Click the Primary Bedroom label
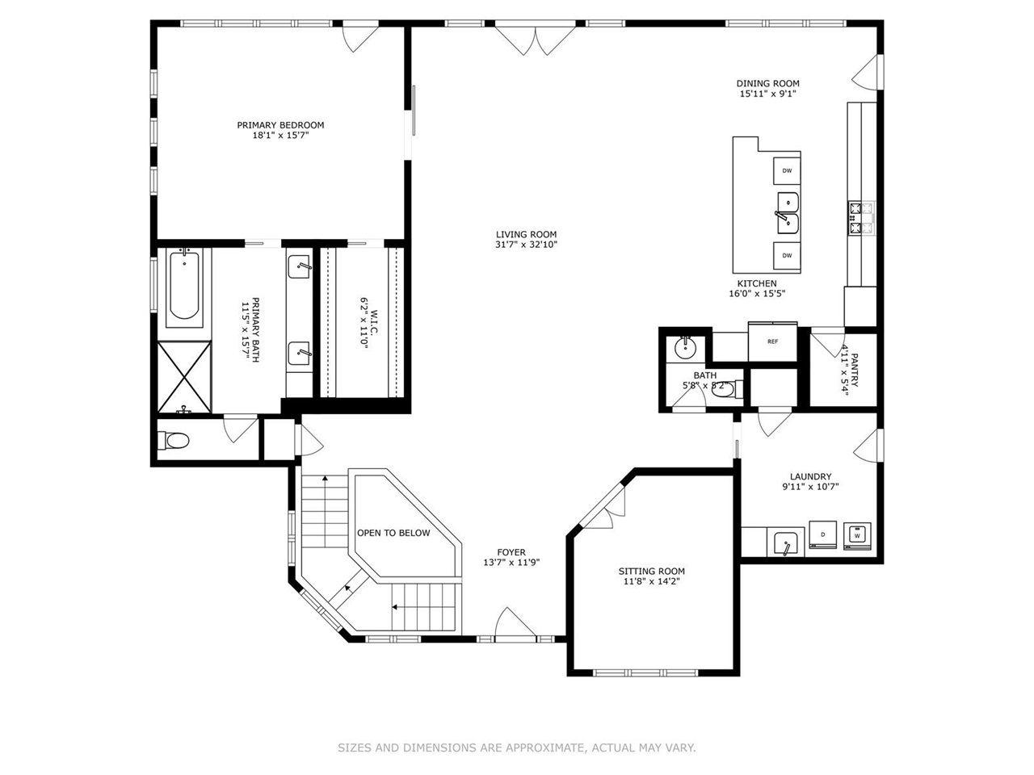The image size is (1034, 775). click(280, 125)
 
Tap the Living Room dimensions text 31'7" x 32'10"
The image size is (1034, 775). click(526, 245)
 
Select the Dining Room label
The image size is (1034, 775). click(767, 83)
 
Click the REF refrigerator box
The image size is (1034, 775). click(772, 341)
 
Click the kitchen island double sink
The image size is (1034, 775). click(788, 212)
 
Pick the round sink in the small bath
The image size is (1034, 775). click(685, 348)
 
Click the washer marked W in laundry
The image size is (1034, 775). click(856, 534)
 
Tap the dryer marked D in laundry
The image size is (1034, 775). click(823, 534)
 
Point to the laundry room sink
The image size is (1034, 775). click(784, 543)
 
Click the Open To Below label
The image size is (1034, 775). click(393, 533)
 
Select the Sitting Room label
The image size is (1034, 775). click(654, 571)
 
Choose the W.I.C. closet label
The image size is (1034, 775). click(364, 321)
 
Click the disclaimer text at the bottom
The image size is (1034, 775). click(516, 748)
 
